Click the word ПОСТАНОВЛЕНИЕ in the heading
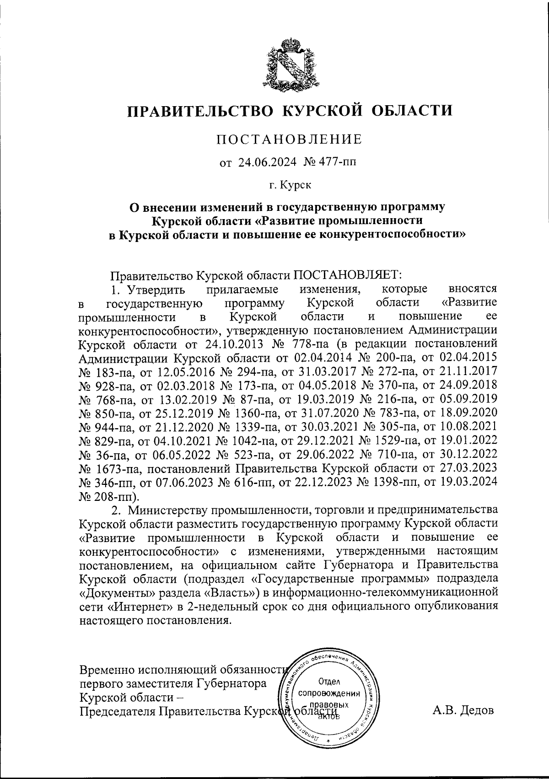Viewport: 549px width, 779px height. [289, 139]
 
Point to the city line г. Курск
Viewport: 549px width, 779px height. [290, 186]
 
